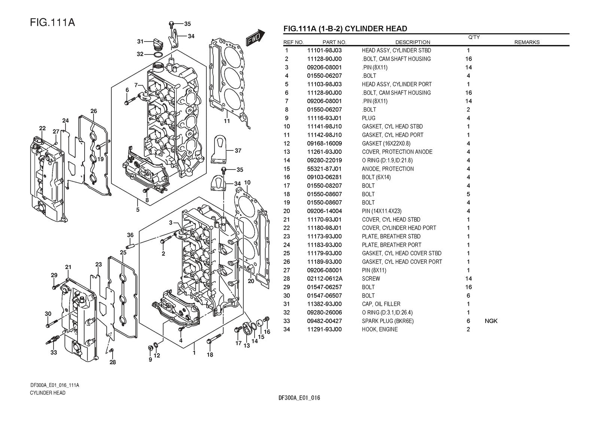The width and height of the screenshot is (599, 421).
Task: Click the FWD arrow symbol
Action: point(255,38)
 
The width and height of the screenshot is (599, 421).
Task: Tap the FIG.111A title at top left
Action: point(52,22)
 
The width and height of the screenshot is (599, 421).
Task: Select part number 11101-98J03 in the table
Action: point(324,50)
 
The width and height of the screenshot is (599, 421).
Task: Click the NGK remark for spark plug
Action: point(491,321)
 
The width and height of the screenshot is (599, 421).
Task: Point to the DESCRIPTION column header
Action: point(413,42)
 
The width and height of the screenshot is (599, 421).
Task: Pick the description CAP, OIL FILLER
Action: point(381,304)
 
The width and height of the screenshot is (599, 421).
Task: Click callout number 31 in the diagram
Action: point(140,41)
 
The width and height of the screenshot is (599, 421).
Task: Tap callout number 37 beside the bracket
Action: point(238,151)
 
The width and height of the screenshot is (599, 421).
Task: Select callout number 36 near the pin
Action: point(130,235)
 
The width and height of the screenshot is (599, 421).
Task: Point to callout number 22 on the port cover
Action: point(42,128)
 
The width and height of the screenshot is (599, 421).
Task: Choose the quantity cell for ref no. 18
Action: point(468,194)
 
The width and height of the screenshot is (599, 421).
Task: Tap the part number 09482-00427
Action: point(324,321)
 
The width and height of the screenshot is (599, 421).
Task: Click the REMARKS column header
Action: point(527,42)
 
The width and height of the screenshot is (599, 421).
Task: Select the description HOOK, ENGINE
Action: point(380,329)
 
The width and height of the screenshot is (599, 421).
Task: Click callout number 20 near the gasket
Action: point(251,281)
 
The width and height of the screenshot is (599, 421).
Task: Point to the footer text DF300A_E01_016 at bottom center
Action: point(299,398)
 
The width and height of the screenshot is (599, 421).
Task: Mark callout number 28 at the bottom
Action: point(113,362)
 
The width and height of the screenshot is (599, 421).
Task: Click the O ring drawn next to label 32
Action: point(158,55)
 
